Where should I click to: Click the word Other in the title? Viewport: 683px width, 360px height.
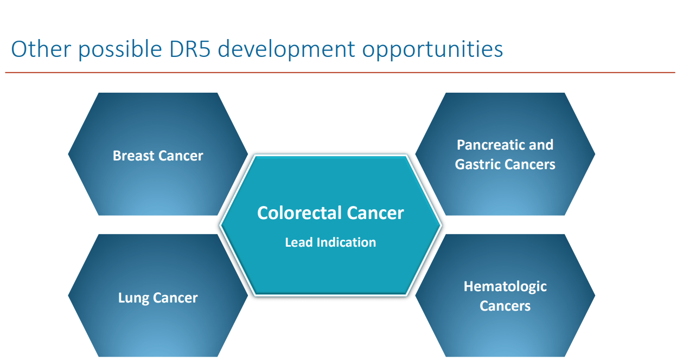tap(41, 49)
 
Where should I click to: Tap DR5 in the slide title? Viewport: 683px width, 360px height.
tap(190, 49)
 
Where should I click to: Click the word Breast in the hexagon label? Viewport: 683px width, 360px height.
tap(133, 156)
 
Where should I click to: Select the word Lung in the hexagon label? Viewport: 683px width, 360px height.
tap(133, 298)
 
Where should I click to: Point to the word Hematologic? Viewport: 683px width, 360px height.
tap(505, 287)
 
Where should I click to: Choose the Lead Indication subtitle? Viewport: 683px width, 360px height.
tap(330, 242)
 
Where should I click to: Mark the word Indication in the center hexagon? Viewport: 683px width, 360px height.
tap(346, 242)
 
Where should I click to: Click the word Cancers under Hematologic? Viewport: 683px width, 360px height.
tap(505, 306)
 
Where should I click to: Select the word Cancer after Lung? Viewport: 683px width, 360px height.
tap(175, 298)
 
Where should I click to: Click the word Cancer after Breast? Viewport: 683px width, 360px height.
tap(181, 156)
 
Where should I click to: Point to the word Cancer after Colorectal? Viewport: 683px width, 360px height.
tap(375, 213)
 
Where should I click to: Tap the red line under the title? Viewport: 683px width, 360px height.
tap(340, 73)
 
